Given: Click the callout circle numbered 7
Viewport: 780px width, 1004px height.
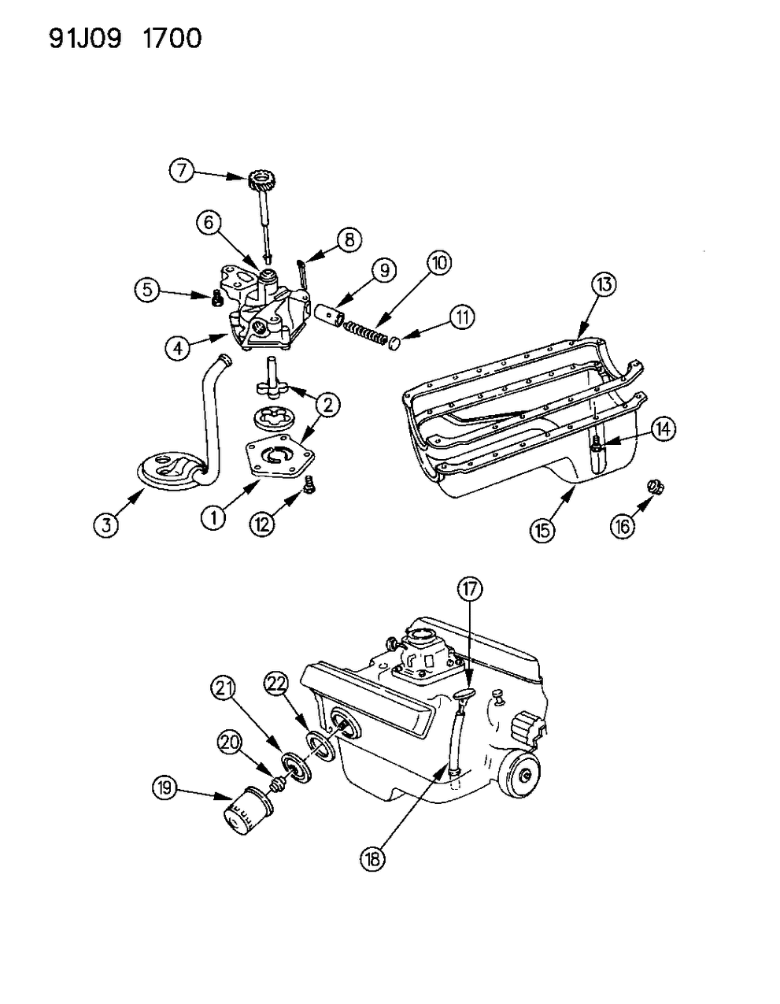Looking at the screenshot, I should [181, 170].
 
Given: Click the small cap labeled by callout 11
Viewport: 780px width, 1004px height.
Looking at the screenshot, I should [396, 343].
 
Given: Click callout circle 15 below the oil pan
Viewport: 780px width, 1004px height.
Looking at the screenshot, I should [542, 530].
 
